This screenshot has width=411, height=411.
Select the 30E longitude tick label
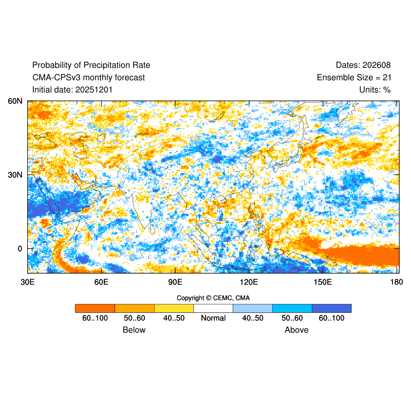[27, 282]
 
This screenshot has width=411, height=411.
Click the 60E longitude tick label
[101, 282]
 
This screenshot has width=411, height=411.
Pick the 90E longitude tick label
[175, 282]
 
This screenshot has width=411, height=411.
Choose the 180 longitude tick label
[396, 282]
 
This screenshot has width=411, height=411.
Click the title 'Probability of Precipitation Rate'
[91, 65]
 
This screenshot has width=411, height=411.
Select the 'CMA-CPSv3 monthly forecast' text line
[88, 78]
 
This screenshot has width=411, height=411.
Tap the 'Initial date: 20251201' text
[72, 90]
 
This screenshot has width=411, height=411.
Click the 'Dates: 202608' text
[363, 65]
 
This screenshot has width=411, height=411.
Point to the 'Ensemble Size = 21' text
[353, 78]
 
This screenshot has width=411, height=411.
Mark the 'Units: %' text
[375, 90]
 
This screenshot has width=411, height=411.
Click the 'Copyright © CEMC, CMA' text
[213, 298]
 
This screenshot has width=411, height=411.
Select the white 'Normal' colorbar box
[213, 308]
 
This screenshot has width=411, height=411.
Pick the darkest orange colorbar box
[95, 308]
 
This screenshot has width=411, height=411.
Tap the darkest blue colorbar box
[331, 308]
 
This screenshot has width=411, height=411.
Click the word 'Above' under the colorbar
[296, 330]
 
